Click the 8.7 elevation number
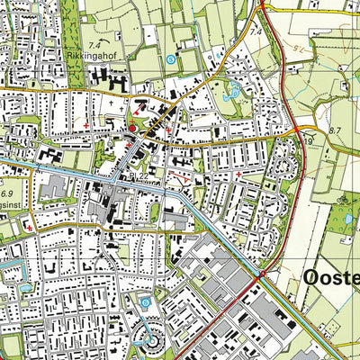coord(337,131)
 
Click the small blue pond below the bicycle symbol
coord(343,217)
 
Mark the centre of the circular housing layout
coord(150,343)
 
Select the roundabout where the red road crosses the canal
coord(258,275)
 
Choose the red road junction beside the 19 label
coord(297,133)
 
